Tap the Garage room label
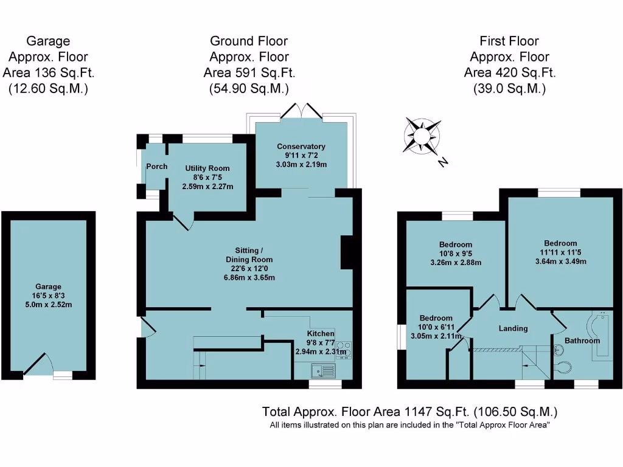click(x=48, y=286)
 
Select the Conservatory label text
click(x=301, y=147)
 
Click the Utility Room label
click(x=207, y=168)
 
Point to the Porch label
click(x=156, y=167)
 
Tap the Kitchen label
click(x=320, y=334)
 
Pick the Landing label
click(x=513, y=328)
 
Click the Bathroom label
click(x=582, y=341)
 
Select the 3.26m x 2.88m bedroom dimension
click(x=456, y=263)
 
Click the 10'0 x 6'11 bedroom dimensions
click(x=436, y=327)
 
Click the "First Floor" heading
click(x=509, y=41)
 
